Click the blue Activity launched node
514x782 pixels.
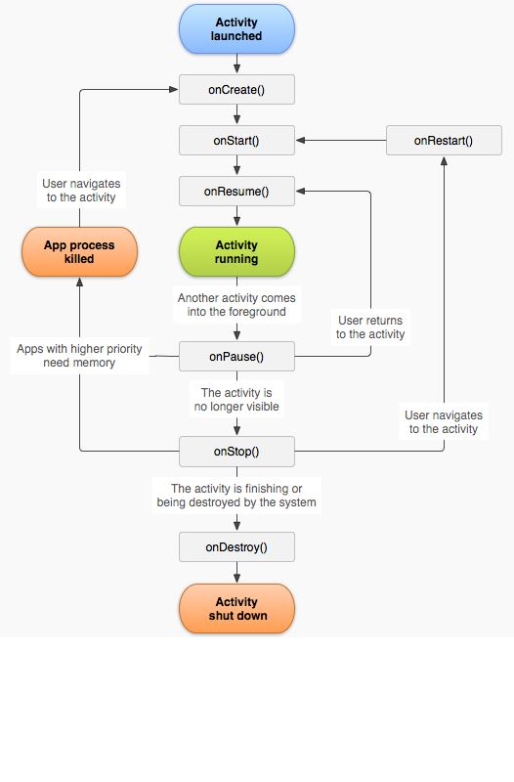236,29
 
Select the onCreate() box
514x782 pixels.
236,90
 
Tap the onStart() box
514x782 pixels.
236,141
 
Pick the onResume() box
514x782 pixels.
236,192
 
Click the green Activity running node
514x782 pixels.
236,252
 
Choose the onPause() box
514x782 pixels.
236,357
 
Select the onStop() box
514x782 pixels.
236,452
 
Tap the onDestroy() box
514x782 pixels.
236,547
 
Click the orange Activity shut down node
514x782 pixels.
236,608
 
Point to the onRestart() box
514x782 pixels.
444,141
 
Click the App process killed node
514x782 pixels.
80,252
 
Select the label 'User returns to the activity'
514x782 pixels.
370,327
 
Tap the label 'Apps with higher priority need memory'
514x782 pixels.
79,356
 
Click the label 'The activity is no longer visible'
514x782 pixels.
236,400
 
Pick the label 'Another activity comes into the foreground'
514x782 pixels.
236,305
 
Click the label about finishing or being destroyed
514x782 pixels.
236,496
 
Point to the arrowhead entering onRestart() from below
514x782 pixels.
444,161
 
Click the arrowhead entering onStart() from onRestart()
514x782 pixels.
301,141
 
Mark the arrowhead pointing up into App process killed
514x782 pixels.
80,282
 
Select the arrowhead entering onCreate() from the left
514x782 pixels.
174,90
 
